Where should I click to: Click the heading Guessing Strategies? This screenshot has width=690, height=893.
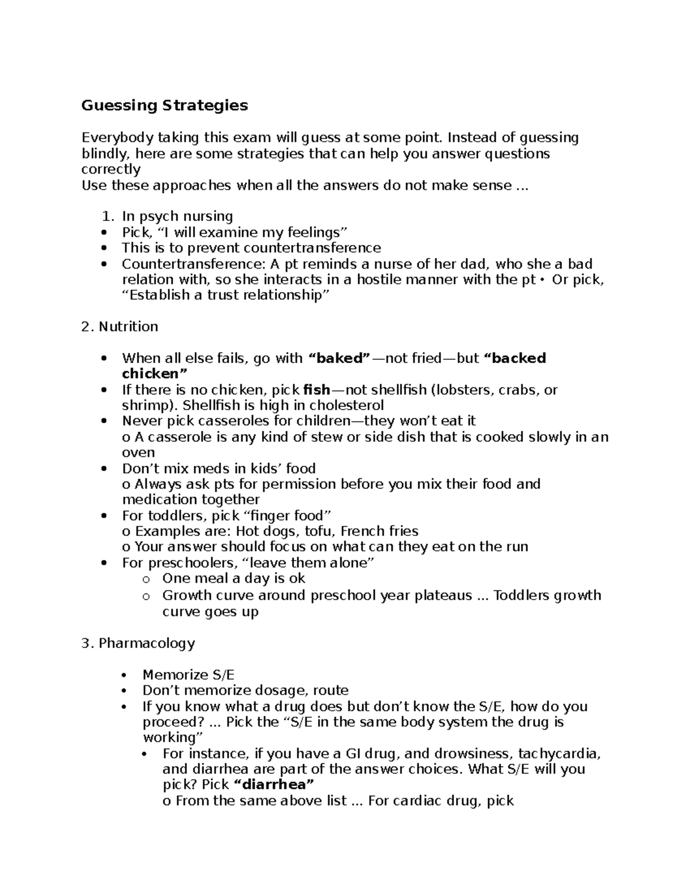pyautogui.click(x=164, y=105)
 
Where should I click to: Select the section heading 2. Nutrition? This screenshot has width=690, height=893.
pyautogui.click(x=120, y=327)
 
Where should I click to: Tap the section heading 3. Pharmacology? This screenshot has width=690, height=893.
pyautogui.click(x=139, y=643)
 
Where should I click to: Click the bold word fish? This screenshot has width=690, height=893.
pyautogui.click(x=316, y=390)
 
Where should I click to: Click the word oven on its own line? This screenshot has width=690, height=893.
pyautogui.click(x=138, y=453)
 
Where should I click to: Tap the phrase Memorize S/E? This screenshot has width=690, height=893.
pyautogui.click(x=189, y=674)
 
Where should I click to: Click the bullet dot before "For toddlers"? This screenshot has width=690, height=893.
pyautogui.click(x=104, y=516)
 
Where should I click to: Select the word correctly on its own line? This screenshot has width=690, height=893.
pyautogui.click(x=111, y=169)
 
